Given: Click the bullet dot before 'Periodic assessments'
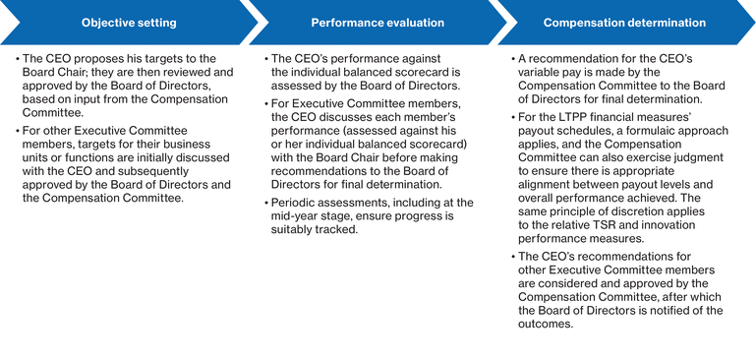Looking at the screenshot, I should tap(265, 202).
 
